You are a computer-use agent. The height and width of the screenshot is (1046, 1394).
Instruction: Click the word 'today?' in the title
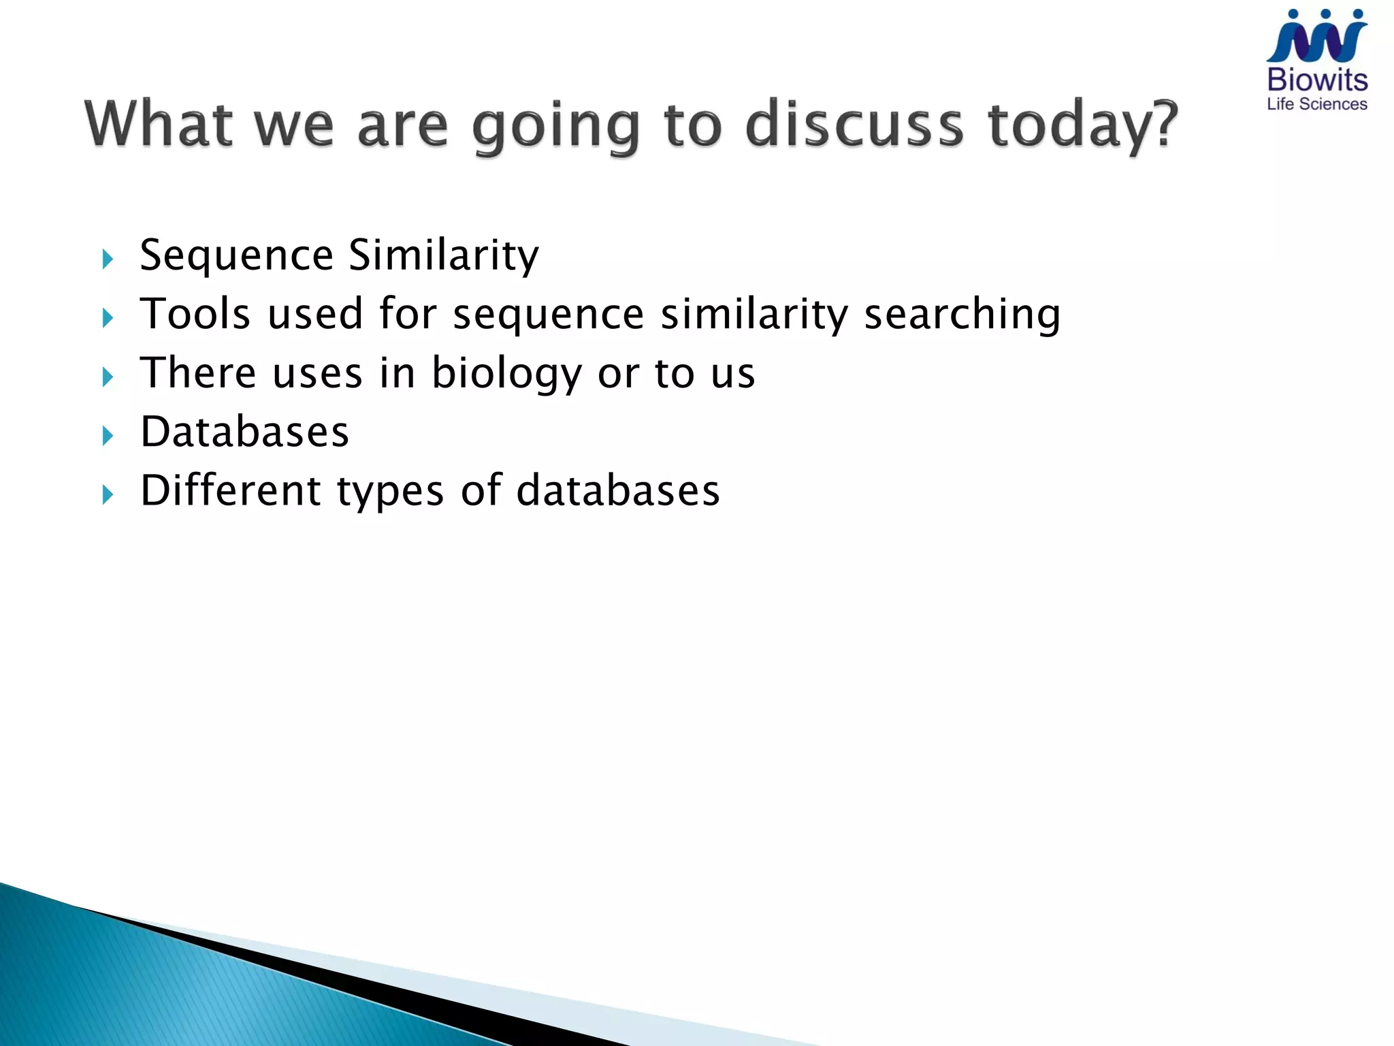click(1082, 126)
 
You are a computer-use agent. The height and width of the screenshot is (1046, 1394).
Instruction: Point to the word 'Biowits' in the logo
click(1317, 80)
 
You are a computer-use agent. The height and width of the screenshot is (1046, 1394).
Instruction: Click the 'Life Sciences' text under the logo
click(1317, 104)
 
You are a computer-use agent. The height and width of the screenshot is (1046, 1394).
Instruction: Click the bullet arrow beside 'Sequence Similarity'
click(108, 259)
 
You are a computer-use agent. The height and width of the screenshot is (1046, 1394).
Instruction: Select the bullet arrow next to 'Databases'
click(108, 436)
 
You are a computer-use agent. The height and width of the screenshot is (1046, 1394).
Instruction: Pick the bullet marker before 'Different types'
click(108, 494)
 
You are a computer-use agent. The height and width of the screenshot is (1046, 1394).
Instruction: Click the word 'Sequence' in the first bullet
click(236, 256)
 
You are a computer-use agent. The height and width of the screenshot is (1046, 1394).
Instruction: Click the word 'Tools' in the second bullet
click(195, 314)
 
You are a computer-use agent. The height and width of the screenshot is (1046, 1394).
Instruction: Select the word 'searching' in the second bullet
click(962, 315)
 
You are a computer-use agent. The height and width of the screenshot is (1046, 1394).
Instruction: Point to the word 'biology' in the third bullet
click(506, 374)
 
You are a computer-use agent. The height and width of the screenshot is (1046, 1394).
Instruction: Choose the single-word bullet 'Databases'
click(244, 432)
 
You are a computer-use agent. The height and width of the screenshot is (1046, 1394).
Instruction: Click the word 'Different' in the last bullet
click(230, 490)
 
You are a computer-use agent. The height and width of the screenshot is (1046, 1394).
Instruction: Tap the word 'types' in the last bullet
click(390, 492)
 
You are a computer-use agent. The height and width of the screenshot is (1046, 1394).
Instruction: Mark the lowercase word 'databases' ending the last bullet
click(617, 490)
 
